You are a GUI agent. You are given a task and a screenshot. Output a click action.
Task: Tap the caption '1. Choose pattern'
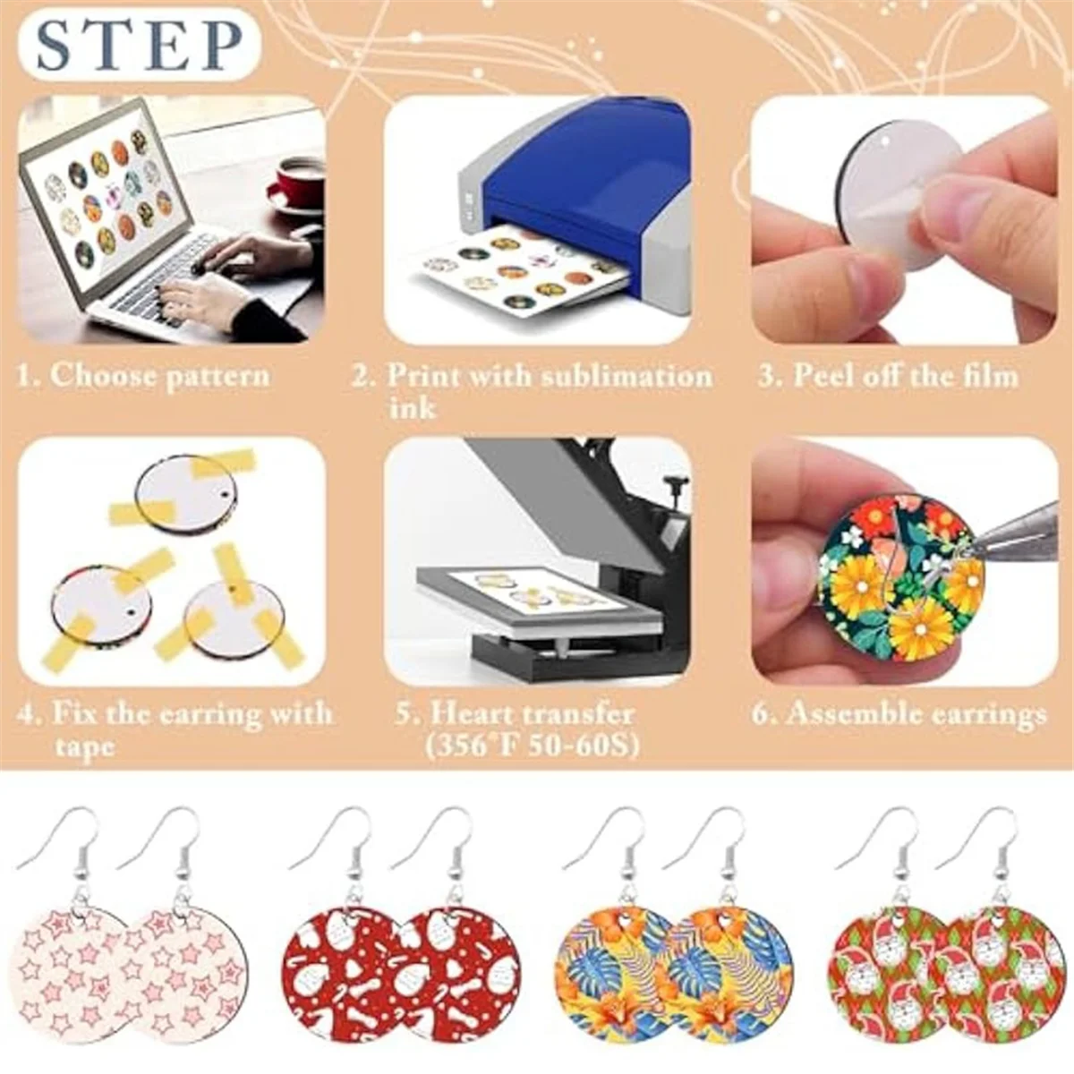(143, 374)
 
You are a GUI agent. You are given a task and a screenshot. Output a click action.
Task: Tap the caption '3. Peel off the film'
(888, 374)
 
